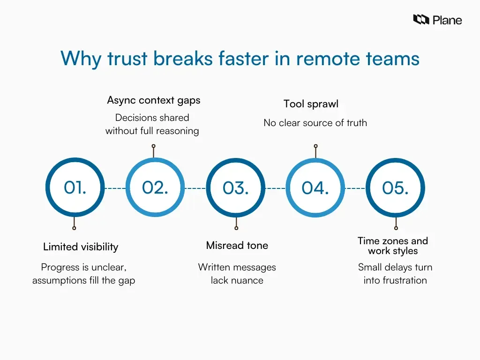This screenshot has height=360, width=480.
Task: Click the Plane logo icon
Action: (x=421, y=20)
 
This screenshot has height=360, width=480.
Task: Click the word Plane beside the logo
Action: (x=447, y=20)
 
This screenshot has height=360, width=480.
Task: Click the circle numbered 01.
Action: (x=75, y=187)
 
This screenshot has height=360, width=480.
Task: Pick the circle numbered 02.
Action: (x=155, y=187)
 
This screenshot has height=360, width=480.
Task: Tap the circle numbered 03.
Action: (x=236, y=187)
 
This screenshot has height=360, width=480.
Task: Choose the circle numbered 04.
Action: (x=315, y=187)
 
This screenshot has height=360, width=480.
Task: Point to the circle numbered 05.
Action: (x=395, y=187)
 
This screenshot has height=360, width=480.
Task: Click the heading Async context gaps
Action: (x=154, y=100)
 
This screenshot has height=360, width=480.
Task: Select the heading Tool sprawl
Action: (x=311, y=104)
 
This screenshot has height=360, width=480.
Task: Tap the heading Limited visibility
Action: (x=81, y=247)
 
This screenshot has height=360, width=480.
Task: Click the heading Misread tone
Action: (x=237, y=245)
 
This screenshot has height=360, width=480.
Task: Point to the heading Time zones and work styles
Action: (x=393, y=246)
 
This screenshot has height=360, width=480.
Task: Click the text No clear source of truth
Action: (x=315, y=123)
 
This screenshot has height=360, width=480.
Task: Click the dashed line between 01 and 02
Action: (x=115, y=188)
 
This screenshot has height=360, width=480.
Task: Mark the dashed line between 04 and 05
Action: (x=355, y=188)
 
